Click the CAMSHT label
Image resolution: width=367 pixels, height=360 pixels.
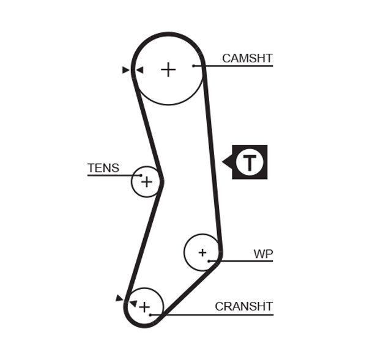coord(247,59)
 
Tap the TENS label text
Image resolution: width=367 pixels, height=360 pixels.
coord(103,168)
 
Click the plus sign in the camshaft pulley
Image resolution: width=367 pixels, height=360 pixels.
coord(168,69)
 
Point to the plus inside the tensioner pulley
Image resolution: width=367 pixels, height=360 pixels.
coord(146,182)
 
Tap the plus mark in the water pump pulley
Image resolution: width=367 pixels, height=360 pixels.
coord(202,252)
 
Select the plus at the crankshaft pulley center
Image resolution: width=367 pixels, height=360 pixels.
coord(144,307)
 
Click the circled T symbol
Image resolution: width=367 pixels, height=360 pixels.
coord(250,163)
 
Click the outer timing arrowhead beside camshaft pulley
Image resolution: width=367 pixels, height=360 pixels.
coord(126,70)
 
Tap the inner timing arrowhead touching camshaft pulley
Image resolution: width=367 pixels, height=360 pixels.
coord(139,70)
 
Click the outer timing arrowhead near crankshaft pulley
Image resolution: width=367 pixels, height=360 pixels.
coord(119,298)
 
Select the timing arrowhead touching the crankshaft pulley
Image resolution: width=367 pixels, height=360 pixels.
coord(133,303)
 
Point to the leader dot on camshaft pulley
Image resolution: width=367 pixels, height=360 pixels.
coord(193,65)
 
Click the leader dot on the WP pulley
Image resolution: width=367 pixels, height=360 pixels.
coord(209,261)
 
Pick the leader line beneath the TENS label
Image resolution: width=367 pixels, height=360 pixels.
coord(110,175)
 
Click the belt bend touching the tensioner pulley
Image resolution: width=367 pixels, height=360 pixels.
coord(161,182)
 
